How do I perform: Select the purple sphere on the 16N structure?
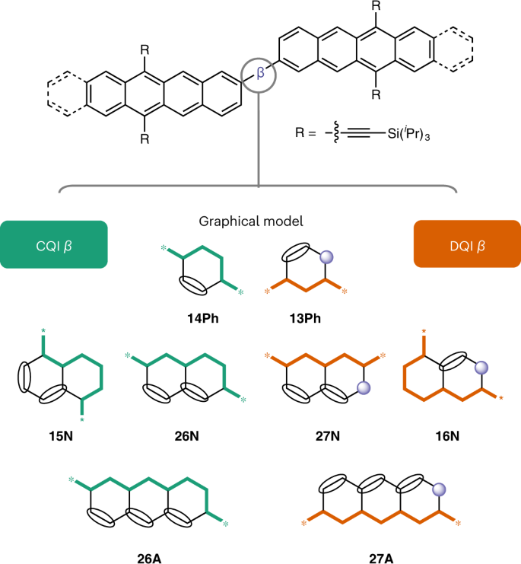coord(481,368)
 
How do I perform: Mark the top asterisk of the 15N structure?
coord(44,330)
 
